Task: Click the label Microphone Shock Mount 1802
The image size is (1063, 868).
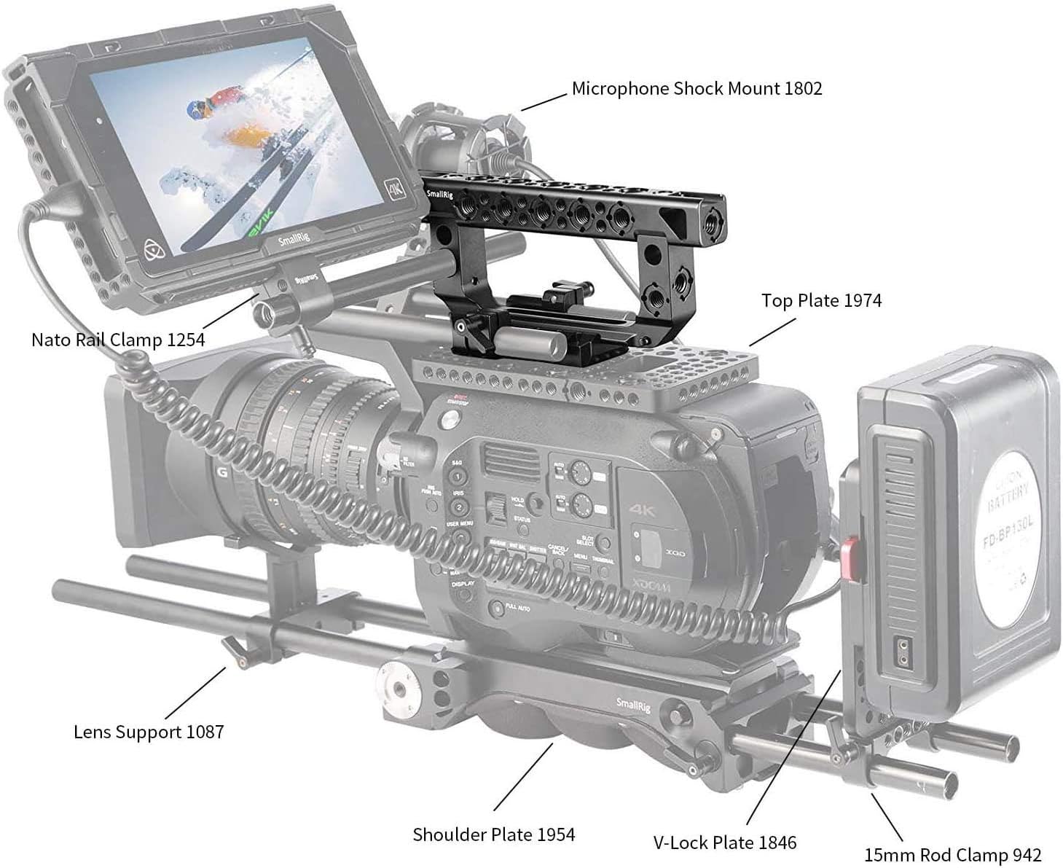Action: tap(697, 89)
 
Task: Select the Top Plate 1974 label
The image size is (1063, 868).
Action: tap(821, 300)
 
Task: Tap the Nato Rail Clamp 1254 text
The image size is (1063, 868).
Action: tap(118, 340)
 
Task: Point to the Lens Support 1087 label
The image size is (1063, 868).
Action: tap(149, 732)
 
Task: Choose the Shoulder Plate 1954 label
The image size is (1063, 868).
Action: tap(493, 834)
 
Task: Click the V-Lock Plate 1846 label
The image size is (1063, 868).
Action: tap(724, 842)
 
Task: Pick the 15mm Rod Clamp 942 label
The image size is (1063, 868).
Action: tap(952, 854)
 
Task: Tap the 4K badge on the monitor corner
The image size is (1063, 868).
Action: tap(396, 191)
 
